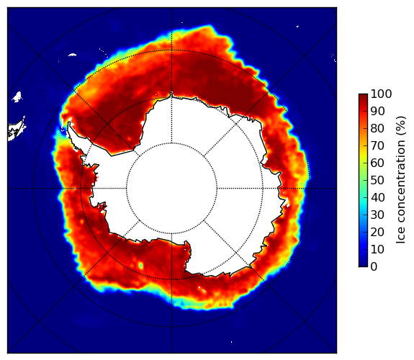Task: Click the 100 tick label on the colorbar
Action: point(381,94)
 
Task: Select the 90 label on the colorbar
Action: point(377,111)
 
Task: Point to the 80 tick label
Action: point(377,129)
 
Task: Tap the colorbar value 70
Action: point(377,145)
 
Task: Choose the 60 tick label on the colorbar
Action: point(377,163)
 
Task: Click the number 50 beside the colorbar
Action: point(377,181)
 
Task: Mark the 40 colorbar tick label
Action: point(377,197)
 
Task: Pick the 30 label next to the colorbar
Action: point(377,215)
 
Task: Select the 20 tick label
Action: point(377,232)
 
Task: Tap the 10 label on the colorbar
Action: point(377,249)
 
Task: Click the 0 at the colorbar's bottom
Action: point(374,267)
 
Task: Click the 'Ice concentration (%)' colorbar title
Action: point(401,180)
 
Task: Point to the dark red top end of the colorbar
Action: point(363,96)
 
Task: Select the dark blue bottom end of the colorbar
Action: point(363,265)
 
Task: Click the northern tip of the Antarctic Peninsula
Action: point(69,123)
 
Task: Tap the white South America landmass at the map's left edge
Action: point(16,130)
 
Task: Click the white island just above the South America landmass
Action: point(17,96)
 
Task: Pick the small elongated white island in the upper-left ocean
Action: point(72,55)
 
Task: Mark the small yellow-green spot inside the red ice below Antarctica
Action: point(141,265)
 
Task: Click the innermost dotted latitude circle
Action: point(171,143)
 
